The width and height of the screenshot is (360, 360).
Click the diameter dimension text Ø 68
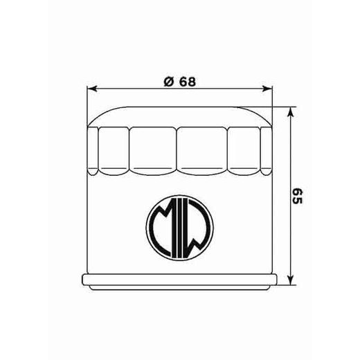[179, 81]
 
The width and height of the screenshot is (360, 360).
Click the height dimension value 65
[298, 196]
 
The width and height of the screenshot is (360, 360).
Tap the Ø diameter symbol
[168, 81]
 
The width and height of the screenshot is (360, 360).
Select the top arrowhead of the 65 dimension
[292, 111]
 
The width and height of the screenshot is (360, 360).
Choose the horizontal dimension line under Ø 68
[208, 89]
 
